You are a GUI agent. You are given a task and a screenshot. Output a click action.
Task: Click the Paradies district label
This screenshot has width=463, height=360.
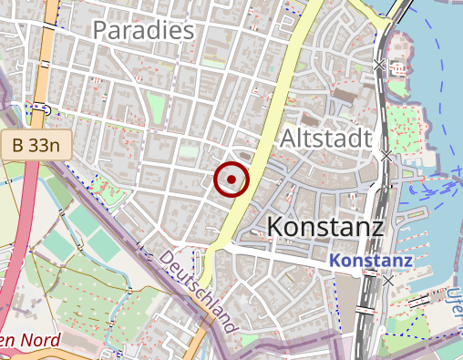(144, 30)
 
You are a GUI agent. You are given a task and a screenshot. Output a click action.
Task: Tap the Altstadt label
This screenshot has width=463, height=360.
(325, 139)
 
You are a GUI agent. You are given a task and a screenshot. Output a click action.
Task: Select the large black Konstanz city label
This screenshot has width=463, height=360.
(326, 225)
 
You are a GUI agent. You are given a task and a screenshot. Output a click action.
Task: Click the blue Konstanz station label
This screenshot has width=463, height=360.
(371, 262)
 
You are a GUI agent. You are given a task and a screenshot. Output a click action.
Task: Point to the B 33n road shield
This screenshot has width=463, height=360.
(36, 143)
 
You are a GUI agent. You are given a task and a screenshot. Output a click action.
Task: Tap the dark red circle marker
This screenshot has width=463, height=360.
(231, 180)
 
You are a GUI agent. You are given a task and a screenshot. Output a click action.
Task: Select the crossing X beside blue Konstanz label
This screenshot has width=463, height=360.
(389, 281)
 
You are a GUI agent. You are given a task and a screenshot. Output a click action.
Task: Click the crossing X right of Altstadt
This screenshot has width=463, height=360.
(386, 156)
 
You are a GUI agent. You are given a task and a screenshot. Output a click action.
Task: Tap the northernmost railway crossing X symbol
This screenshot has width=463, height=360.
(379, 65)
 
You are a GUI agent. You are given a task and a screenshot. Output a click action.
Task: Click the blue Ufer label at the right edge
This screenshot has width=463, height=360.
(454, 301)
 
